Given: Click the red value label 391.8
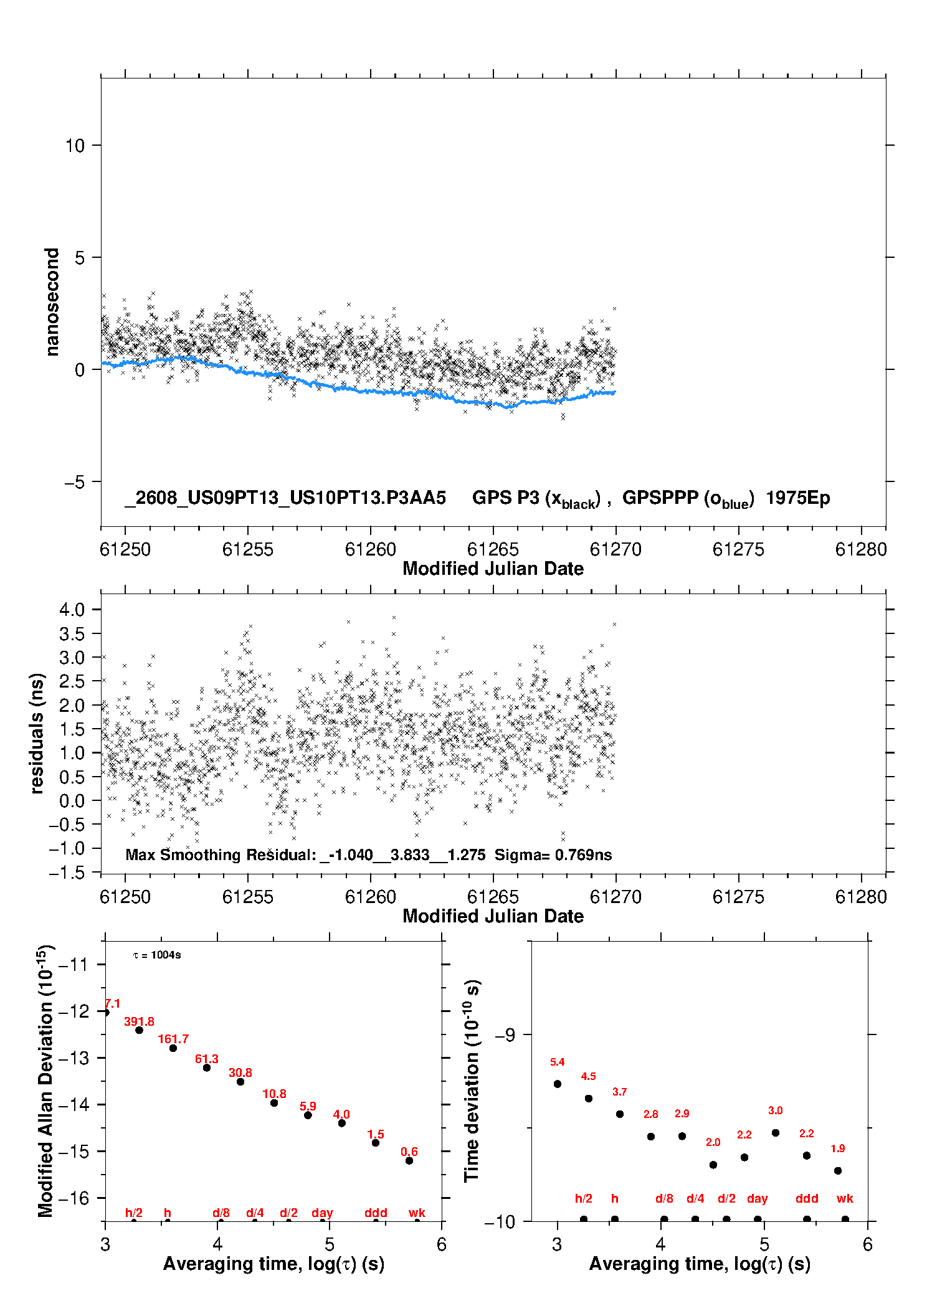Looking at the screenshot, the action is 139,1021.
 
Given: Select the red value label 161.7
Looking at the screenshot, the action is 173,1039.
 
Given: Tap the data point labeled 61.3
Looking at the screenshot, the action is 207,1067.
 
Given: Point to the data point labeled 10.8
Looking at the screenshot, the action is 274,1103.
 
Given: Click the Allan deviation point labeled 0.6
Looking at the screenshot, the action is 409,1160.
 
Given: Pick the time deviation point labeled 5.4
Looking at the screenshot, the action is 558,1084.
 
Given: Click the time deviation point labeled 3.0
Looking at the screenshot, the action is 776,1133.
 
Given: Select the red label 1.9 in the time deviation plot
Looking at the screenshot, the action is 838,1148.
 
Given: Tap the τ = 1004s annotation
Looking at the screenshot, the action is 157,955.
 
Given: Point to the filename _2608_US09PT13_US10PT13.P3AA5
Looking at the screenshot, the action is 285,498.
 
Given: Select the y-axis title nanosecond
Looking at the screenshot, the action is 52,302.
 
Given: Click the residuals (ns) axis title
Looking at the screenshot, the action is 37,733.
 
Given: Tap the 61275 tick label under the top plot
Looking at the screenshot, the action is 738,549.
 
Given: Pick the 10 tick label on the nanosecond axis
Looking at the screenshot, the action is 75,146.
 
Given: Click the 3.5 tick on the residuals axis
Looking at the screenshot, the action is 72,634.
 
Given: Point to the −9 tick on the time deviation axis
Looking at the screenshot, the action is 505,1035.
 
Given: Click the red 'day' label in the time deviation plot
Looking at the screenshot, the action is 757,1198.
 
